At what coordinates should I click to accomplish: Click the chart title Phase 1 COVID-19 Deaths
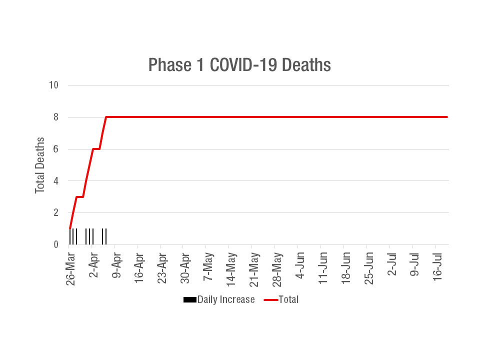(239, 65)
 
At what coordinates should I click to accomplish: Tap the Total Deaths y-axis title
(40, 165)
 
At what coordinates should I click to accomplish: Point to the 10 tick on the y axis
(53, 85)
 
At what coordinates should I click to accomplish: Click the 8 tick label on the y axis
(56, 117)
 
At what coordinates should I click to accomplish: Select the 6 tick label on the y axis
(56, 149)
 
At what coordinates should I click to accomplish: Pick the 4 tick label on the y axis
(56, 181)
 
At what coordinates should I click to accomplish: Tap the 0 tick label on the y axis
(56, 244)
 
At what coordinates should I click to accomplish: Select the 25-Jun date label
(369, 266)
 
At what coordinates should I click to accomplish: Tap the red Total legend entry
(281, 300)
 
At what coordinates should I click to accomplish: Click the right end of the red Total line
(446, 117)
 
